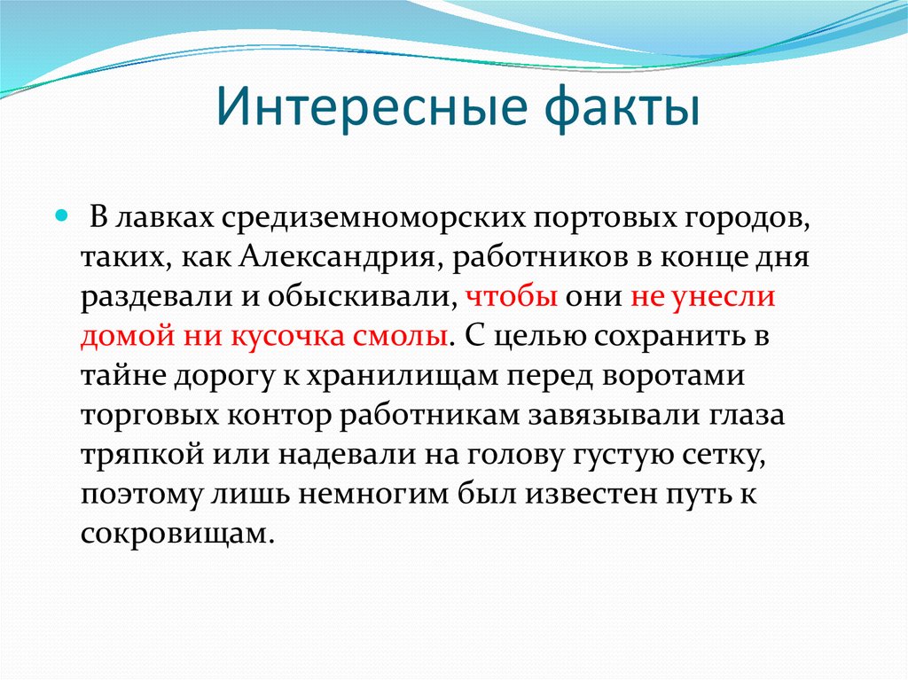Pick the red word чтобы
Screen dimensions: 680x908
pos(511,297)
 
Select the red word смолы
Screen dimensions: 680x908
pos(406,337)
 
